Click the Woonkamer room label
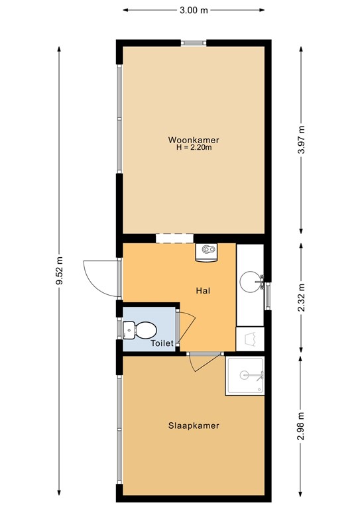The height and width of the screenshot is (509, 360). click(x=194, y=140)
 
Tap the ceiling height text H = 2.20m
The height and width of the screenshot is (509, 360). click(x=194, y=148)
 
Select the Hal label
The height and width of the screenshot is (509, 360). click(x=203, y=290)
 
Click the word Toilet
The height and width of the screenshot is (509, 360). click(x=162, y=343)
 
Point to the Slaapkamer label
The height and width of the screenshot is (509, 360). click(x=194, y=425)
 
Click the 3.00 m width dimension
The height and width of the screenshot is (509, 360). click(x=194, y=10)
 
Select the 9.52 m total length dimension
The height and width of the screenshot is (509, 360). click(x=59, y=272)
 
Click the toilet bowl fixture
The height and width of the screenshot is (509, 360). click(x=140, y=328)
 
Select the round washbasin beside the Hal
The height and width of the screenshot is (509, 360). click(x=251, y=281)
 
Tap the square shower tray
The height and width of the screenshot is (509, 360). click(x=246, y=376)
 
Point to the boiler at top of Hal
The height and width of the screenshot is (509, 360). click(x=208, y=251)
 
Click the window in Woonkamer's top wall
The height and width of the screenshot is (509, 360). click(x=194, y=42)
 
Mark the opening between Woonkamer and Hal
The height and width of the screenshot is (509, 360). click(x=174, y=238)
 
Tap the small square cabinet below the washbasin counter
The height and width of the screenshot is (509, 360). click(x=250, y=338)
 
